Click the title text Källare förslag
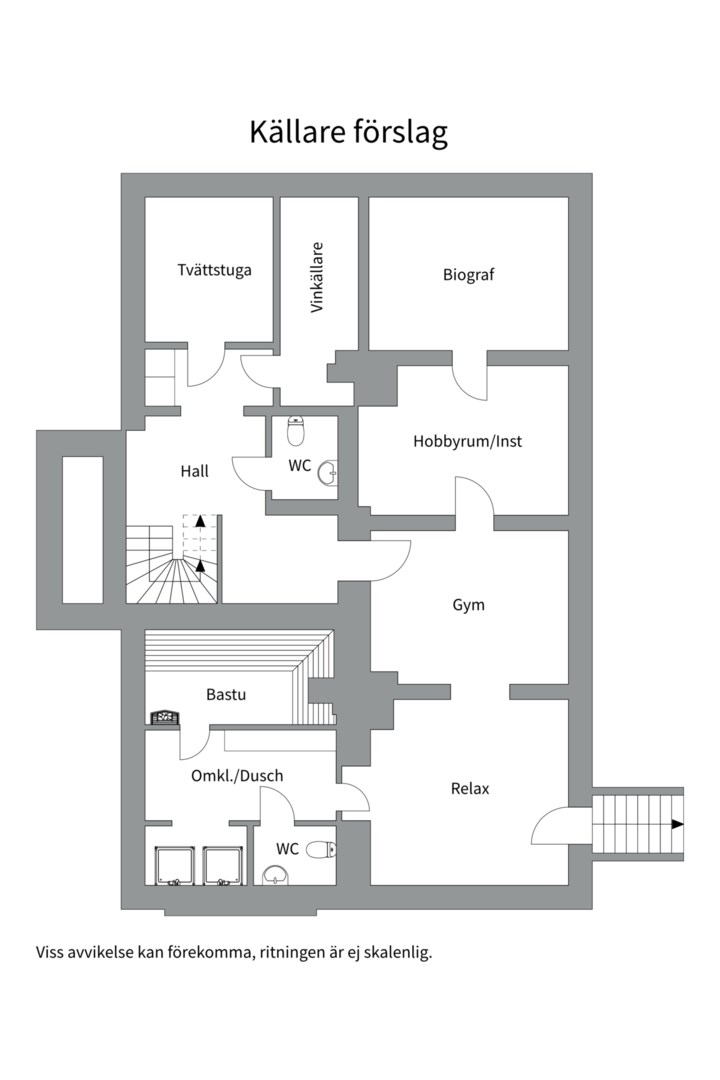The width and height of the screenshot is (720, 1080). coord(349,132)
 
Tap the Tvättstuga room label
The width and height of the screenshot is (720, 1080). coord(214,270)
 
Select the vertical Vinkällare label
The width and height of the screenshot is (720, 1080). coord(317,278)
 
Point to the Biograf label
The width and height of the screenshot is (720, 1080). coord(469,275)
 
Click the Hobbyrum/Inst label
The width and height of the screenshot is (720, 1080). coord(468,441)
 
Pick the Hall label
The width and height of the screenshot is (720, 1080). coord(194,471)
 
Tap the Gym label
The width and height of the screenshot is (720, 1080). coord(469,605)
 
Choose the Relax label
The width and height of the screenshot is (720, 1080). coord(470,789)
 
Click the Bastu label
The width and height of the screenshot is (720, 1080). coord(226,694)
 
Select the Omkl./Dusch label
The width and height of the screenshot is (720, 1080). coord(237,776)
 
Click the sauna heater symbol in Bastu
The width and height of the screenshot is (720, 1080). coord(165,716)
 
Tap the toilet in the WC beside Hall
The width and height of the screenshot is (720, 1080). coord(296,430)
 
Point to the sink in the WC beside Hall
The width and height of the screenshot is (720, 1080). coord(329,470)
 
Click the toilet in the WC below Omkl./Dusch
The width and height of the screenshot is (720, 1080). coord(321,849)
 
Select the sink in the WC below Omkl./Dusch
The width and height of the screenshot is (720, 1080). coord(276,875)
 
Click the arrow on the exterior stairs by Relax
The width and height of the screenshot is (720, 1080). coord(678,824)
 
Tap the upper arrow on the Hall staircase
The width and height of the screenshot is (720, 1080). coord(200,520)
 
